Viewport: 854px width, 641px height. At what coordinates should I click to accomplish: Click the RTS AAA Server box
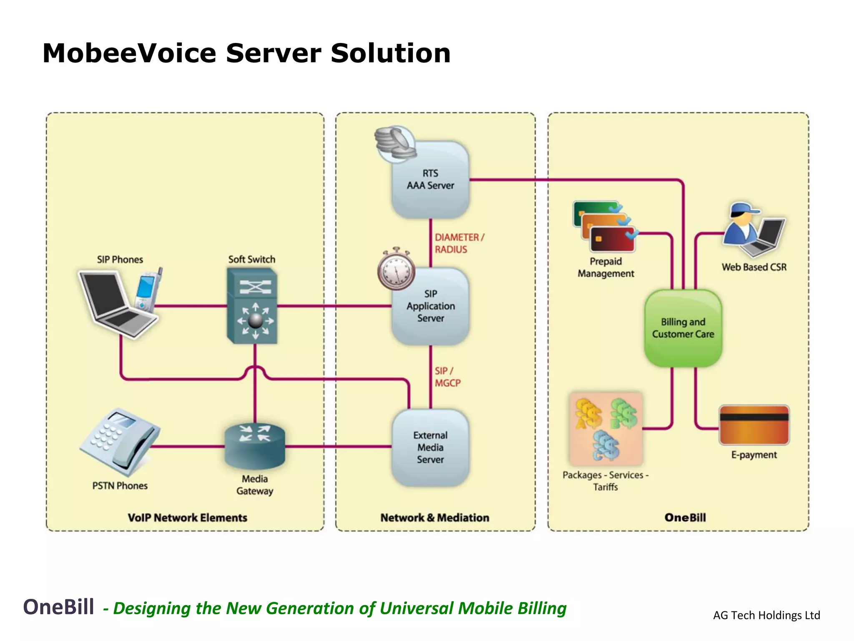[431, 179]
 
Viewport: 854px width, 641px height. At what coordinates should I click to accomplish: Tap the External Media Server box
[431, 447]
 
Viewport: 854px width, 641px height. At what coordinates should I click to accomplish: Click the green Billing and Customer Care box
[683, 328]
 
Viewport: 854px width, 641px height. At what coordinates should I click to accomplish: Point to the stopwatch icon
[396, 270]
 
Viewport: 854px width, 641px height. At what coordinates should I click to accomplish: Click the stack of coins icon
[394, 143]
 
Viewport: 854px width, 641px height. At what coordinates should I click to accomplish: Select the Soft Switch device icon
[252, 306]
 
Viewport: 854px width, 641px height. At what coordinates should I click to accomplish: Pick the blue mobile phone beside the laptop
[147, 290]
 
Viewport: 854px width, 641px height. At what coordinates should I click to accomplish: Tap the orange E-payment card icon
[754, 425]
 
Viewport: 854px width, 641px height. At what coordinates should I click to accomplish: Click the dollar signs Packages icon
[606, 428]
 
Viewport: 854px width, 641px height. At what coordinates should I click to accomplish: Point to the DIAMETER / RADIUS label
[459, 243]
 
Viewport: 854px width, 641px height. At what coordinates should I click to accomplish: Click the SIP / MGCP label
[447, 377]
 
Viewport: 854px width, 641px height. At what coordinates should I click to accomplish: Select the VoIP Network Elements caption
[187, 517]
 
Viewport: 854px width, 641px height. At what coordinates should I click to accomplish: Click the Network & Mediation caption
[435, 517]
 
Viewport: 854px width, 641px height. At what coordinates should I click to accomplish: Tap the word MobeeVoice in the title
[129, 53]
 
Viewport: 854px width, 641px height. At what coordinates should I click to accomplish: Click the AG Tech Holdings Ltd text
[766, 615]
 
